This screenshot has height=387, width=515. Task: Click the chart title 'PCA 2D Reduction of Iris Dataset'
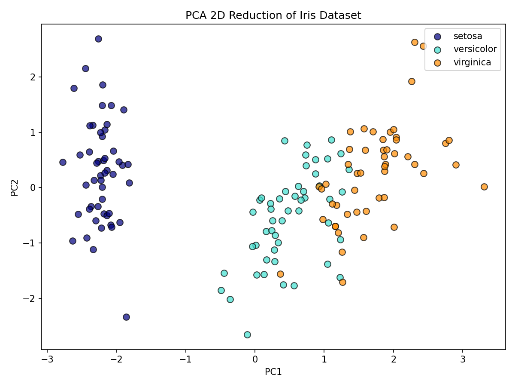tap(273, 15)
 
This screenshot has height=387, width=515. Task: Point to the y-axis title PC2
tap(14, 187)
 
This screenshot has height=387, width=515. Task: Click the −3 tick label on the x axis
tap(47, 359)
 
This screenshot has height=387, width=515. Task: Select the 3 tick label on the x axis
tap(463, 359)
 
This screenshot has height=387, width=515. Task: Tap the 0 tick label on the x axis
tap(255, 359)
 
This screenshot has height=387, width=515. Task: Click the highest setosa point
tap(98, 39)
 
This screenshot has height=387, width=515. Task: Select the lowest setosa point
tap(126, 317)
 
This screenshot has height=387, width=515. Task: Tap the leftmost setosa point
tap(63, 162)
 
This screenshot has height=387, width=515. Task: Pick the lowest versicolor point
tap(247, 335)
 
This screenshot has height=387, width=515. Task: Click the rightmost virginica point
tap(484, 187)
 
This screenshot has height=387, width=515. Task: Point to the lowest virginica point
tap(342, 282)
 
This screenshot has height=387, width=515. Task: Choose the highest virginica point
tap(415, 42)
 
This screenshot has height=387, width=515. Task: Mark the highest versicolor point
tap(285, 141)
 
